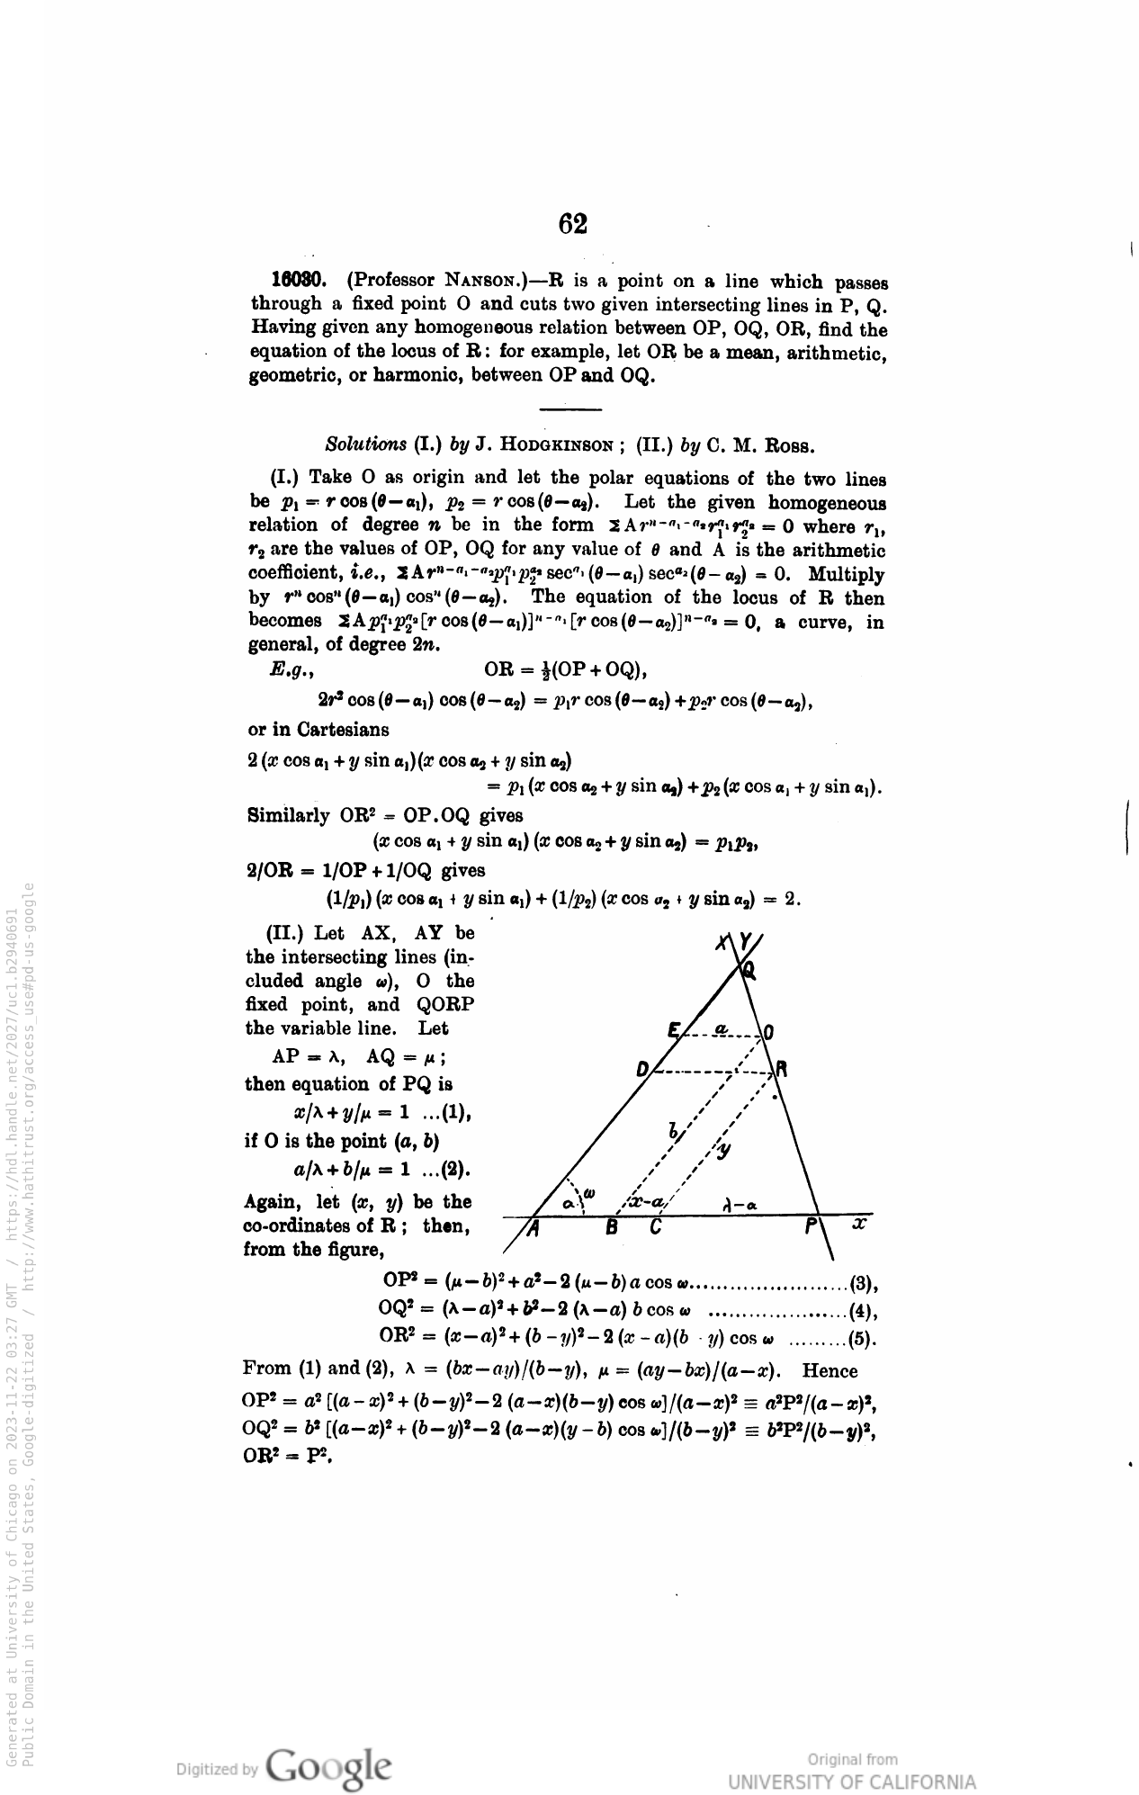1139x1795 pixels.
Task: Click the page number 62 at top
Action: pyautogui.click(x=572, y=224)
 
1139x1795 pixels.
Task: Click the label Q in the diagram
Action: pyautogui.click(x=749, y=969)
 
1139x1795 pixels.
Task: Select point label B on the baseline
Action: pyautogui.click(x=611, y=1226)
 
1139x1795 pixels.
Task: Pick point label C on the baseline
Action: pyautogui.click(x=655, y=1226)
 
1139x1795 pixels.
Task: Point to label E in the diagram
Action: pyautogui.click(x=673, y=1030)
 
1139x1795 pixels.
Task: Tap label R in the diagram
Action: pyautogui.click(x=782, y=1070)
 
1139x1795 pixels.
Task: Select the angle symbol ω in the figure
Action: pyautogui.click(x=589, y=1193)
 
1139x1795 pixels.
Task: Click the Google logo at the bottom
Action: pyautogui.click(x=329, y=1767)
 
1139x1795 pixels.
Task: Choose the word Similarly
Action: pyautogui.click(x=288, y=816)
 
